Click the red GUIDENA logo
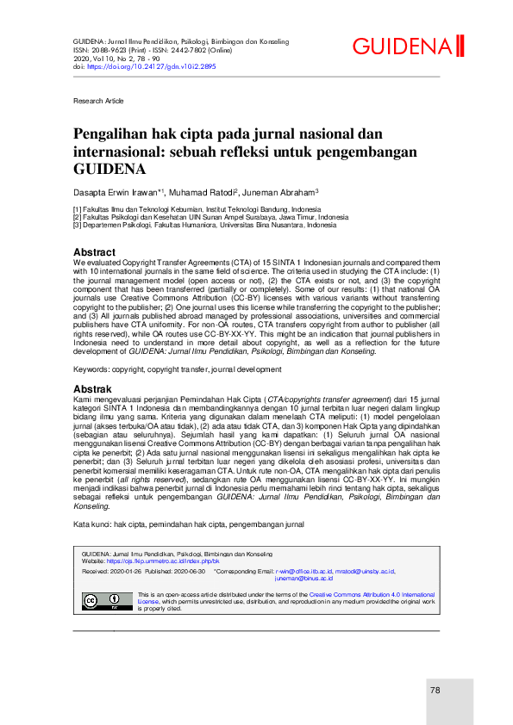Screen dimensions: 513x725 pos(408,46)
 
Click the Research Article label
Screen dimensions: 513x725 pos(98,101)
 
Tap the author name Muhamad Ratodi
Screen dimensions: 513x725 pos(203,191)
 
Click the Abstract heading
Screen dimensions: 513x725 pos(94,252)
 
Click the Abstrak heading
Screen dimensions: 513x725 pos(92,389)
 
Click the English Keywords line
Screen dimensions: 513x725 pos(165,369)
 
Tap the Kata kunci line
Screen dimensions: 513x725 pos(188,524)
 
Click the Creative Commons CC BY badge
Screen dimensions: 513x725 pos(102,577)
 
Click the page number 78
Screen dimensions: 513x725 pos(435,690)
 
